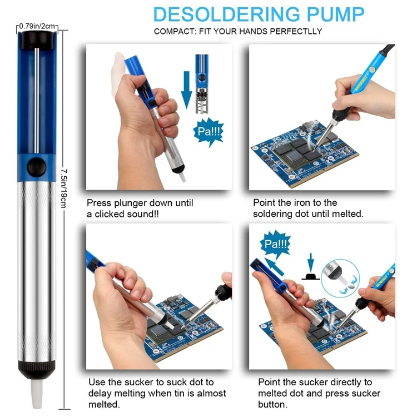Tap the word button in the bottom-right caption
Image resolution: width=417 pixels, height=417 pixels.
[x=272, y=404]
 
